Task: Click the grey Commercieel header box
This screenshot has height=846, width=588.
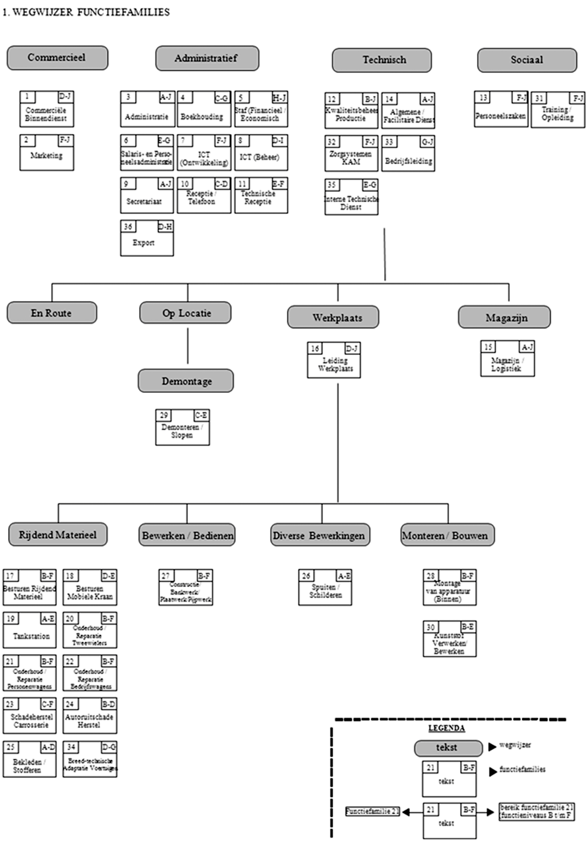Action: click(x=57, y=58)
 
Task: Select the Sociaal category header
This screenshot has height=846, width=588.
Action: click(x=527, y=60)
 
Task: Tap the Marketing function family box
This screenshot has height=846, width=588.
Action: click(x=47, y=152)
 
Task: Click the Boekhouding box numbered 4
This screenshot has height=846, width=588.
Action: click(x=204, y=109)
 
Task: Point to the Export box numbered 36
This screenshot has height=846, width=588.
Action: click(x=147, y=238)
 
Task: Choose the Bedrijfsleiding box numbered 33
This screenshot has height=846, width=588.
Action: click(x=408, y=153)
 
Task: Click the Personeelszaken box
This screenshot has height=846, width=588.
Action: click(x=500, y=109)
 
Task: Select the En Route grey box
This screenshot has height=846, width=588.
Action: click(x=52, y=313)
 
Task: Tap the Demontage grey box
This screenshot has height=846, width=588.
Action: click(x=186, y=381)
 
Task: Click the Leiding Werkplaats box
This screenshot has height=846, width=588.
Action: click(x=334, y=360)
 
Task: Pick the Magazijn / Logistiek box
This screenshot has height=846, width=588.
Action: click(x=507, y=358)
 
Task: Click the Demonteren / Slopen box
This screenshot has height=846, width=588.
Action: click(x=182, y=427)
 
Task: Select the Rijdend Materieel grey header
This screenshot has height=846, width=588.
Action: click(x=58, y=535)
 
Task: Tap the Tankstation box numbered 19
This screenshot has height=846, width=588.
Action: click(x=30, y=630)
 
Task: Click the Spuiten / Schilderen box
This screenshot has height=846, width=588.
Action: click(x=325, y=588)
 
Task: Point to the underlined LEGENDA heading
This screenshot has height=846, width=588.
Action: click(x=446, y=728)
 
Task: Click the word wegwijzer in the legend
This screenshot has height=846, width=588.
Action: click(x=515, y=745)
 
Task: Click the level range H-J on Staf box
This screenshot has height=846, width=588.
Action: click(x=279, y=98)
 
